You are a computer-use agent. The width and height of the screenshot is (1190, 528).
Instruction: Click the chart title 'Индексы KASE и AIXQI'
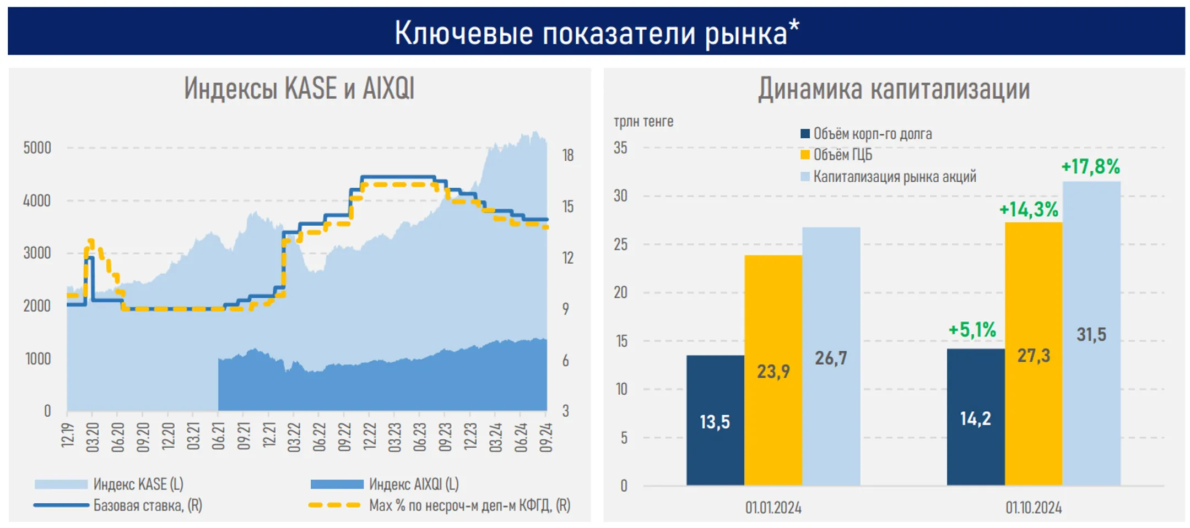299,89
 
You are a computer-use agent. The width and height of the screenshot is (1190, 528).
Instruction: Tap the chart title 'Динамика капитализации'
894,89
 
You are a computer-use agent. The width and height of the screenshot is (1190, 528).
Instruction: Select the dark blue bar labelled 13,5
715,421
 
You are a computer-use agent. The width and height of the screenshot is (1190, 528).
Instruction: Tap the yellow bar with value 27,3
1033,355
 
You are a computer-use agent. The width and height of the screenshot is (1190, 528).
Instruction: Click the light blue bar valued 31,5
1091,334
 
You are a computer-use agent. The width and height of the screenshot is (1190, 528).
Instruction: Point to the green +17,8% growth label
1090,166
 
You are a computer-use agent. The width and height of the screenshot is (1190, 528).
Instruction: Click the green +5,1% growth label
972,330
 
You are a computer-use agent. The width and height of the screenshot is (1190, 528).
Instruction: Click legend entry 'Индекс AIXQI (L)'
413,484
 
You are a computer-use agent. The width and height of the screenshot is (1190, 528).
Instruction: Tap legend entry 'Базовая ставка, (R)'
147,505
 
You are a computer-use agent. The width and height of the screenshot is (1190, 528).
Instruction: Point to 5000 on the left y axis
37,148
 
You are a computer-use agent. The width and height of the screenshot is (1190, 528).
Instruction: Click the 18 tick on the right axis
567,155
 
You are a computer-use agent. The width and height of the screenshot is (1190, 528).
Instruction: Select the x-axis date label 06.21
219,437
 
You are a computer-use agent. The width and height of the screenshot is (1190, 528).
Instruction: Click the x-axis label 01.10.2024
1033,508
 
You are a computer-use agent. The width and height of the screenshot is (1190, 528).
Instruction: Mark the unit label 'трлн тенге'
643,121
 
